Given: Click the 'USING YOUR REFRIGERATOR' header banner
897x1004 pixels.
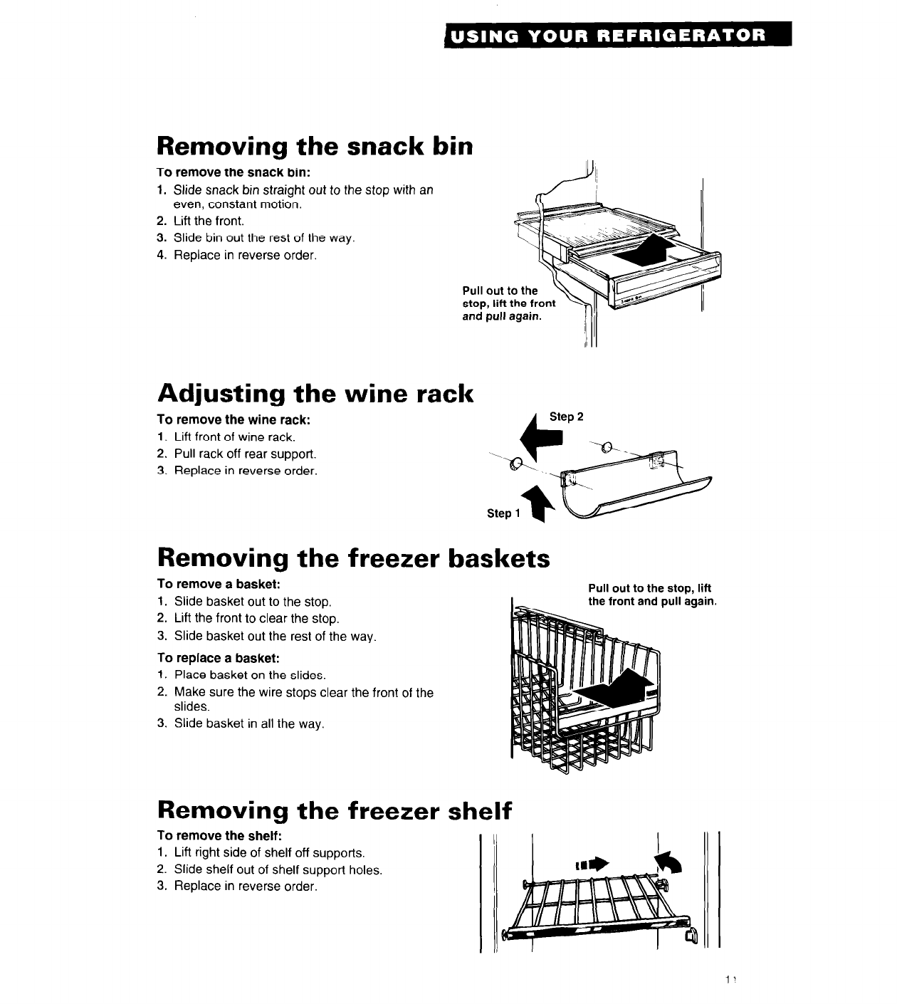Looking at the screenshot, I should click(617, 35).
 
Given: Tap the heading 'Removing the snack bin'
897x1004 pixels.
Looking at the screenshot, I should click(315, 146).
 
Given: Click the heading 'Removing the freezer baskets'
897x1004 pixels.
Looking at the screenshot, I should click(354, 558).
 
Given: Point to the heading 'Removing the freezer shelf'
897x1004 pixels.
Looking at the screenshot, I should click(335, 810).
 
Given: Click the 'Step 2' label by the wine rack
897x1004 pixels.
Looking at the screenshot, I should click(566, 417).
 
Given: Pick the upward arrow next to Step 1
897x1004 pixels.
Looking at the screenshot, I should click(534, 504).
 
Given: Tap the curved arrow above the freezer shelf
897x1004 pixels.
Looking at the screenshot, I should click(668, 862).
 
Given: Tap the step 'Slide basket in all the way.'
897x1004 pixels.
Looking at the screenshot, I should click(239, 724).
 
